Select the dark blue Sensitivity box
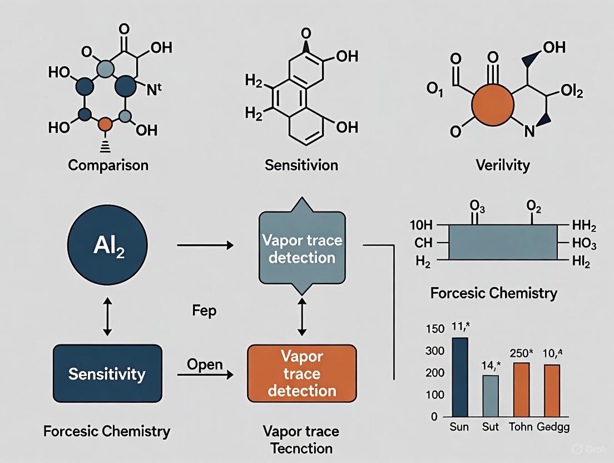[x=107, y=374]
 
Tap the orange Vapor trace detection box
[x=301, y=373]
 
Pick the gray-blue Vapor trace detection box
[x=301, y=249]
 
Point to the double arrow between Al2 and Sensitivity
[x=107, y=316]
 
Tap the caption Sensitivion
[x=301, y=165]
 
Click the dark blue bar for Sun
[x=460, y=377]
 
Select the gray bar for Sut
[x=490, y=396]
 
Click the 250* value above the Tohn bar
[x=522, y=353]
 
